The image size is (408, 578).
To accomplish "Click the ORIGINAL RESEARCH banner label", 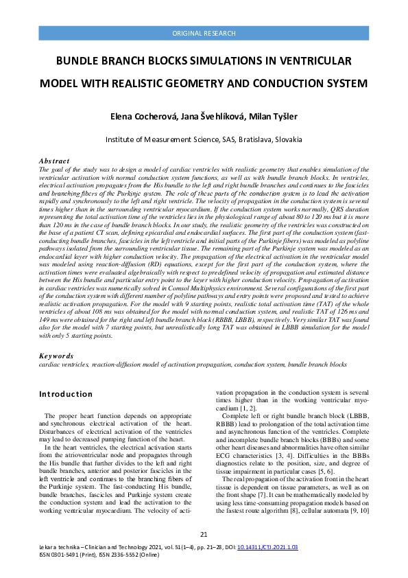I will click(204, 33).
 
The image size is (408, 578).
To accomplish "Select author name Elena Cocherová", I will click(145, 117).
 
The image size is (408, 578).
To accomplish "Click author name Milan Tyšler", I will click(272, 117).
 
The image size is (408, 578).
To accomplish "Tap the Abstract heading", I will click(54, 161).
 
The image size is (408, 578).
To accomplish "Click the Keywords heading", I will click(56, 357).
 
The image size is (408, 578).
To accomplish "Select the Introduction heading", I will click(66, 394).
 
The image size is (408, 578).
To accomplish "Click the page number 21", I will click(204, 535).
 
